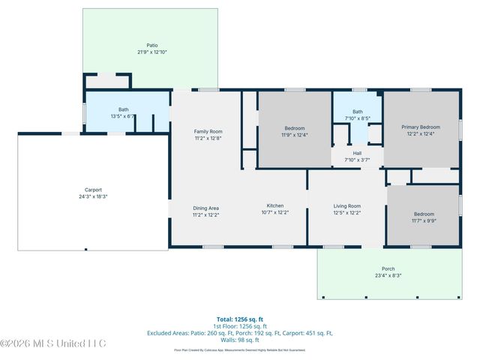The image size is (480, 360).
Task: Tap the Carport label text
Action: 93,190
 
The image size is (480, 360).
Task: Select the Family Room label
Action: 208,131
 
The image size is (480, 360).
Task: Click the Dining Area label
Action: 206,207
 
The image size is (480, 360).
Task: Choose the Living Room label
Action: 347,206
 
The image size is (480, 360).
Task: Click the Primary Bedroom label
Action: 420,127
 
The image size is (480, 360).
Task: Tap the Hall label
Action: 358,153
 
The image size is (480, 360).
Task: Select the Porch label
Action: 388,268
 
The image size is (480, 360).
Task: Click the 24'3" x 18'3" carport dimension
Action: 93,196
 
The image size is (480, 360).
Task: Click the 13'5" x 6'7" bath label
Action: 122,116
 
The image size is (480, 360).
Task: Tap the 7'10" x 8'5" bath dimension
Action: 358,118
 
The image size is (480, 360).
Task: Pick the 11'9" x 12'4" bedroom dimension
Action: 295,134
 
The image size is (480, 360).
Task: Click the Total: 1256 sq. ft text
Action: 239,319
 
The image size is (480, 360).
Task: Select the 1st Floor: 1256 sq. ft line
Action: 239,325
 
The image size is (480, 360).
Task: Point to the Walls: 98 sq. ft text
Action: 239,340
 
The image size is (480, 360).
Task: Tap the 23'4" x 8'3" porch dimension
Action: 388,276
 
